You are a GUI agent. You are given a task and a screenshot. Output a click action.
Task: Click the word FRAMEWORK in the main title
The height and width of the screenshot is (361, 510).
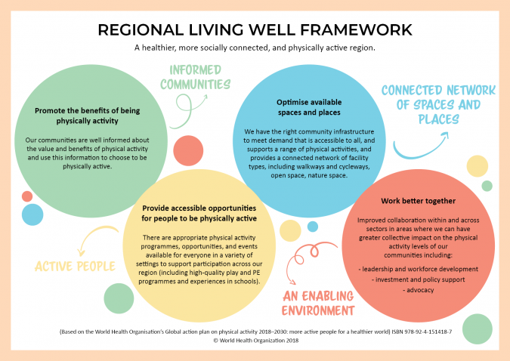pyautogui.click(x=356, y=30)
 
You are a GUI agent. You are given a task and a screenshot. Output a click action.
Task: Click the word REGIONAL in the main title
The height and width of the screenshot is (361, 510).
pyautogui.click(x=141, y=30)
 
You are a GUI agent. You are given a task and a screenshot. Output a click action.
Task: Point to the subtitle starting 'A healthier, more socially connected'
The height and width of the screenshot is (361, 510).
pyautogui.click(x=255, y=48)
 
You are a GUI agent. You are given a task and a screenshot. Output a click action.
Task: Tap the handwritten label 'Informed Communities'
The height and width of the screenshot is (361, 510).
pyautogui.click(x=195, y=77)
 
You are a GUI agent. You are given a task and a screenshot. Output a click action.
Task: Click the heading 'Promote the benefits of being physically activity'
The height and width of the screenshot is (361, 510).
pyautogui.click(x=87, y=116)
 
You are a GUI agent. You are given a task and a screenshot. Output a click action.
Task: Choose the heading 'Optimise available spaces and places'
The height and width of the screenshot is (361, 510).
pyautogui.click(x=309, y=107)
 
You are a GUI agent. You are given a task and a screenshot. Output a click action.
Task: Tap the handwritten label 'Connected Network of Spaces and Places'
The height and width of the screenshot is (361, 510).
pyautogui.click(x=438, y=105)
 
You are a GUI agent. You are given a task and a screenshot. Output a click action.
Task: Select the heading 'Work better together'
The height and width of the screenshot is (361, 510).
pyautogui.click(x=418, y=201)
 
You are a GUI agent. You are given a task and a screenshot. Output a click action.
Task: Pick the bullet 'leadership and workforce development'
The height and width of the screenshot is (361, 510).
pyautogui.click(x=419, y=269)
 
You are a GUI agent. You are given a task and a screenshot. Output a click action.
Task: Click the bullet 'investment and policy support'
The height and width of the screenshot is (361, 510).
pyautogui.click(x=419, y=279)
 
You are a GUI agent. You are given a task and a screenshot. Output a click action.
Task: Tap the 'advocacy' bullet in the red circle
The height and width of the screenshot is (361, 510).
pyautogui.click(x=419, y=290)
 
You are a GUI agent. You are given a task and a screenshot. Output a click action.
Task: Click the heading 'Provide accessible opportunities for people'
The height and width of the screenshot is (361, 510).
pyautogui.click(x=199, y=213)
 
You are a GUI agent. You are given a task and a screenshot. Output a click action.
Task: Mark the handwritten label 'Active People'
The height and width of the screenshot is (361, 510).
pyautogui.click(x=75, y=267)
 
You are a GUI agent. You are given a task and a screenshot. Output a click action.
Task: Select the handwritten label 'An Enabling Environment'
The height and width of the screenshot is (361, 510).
pyautogui.click(x=318, y=303)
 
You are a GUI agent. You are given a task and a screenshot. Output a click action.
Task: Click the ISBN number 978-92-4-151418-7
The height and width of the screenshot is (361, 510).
pyautogui.click(x=422, y=332)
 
